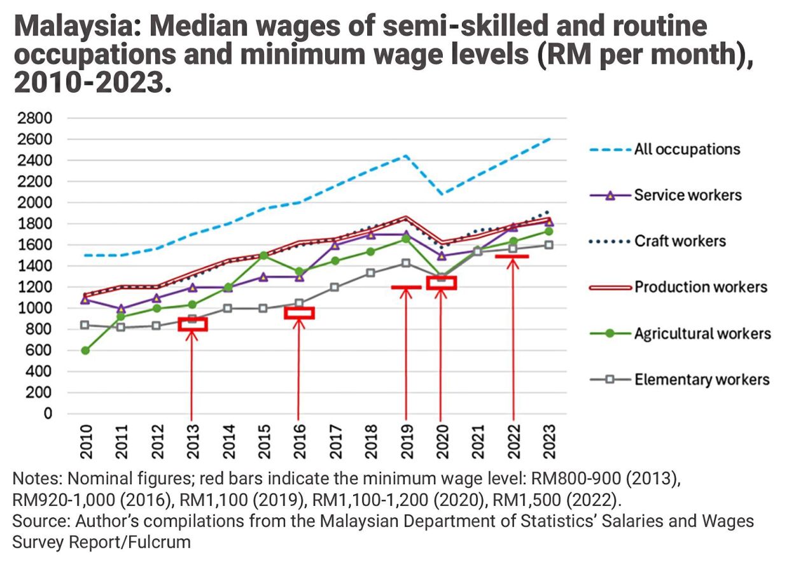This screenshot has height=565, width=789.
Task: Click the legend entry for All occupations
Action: [687, 150]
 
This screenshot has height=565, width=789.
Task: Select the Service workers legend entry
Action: [687, 195]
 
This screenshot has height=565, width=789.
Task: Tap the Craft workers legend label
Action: [680, 241]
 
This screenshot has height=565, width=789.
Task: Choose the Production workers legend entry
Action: [700, 287]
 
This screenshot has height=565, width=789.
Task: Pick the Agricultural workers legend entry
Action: [702, 333]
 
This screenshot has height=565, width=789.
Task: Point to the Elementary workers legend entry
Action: [701, 380]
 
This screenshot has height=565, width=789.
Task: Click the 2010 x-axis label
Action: [86, 438]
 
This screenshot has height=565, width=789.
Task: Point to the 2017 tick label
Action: [335, 438]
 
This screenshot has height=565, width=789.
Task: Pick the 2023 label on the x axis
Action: [549, 438]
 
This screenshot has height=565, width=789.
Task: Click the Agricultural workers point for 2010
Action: [85, 351]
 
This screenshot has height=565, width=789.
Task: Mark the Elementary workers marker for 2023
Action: [548, 245]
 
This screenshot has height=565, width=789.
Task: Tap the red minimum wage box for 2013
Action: [192, 324]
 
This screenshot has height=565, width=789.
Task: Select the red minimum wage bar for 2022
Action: [512, 256]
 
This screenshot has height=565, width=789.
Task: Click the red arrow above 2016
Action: [298, 363]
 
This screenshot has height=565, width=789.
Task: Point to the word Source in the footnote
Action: [39, 521]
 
